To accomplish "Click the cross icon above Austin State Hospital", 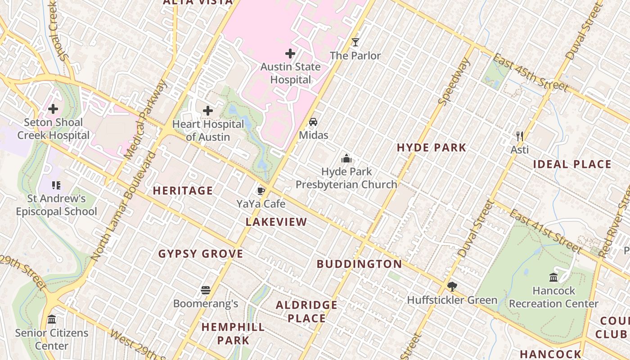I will pyautogui.click(x=290, y=54).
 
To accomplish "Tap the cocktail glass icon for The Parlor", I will pyautogui.click(x=355, y=42).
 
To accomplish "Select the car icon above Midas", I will pyautogui.click(x=313, y=122).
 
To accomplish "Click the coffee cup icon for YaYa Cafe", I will pyautogui.click(x=261, y=191).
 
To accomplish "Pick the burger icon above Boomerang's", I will pyautogui.click(x=206, y=290).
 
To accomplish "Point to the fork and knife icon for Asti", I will pyautogui.click(x=520, y=136).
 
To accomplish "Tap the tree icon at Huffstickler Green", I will pyautogui.click(x=452, y=287).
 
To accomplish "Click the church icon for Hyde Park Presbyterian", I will pyautogui.click(x=346, y=158).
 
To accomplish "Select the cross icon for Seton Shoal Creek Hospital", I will pyautogui.click(x=53, y=109).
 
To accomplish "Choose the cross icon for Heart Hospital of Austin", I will pyautogui.click(x=208, y=111).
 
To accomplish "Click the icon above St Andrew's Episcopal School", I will pyautogui.click(x=56, y=185).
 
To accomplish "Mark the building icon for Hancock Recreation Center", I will pyautogui.click(x=553, y=277).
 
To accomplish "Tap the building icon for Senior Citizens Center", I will pyautogui.click(x=52, y=319).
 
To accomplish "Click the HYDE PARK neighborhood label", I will pyautogui.click(x=432, y=148).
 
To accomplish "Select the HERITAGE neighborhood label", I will pyautogui.click(x=183, y=191).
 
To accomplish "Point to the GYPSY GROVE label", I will pyautogui.click(x=201, y=254).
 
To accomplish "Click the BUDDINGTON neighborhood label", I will pyautogui.click(x=359, y=264).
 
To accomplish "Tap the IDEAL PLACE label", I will pyautogui.click(x=572, y=164).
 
